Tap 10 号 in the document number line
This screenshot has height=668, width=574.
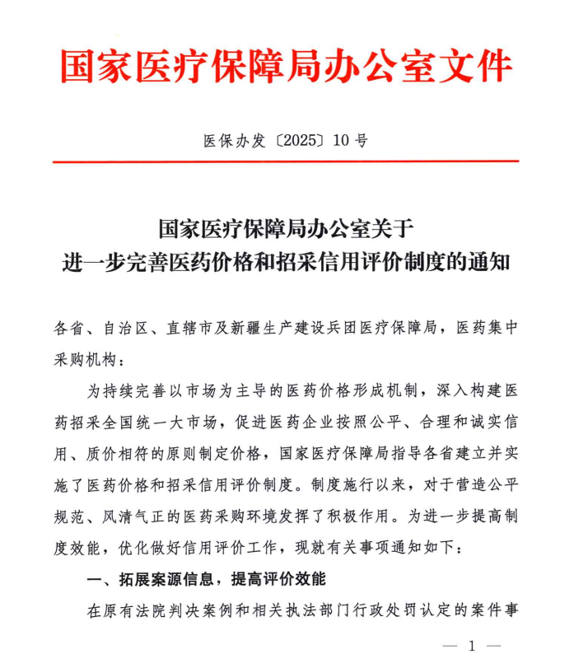pos(349,141)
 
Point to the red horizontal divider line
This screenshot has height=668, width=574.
pos(286,161)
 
